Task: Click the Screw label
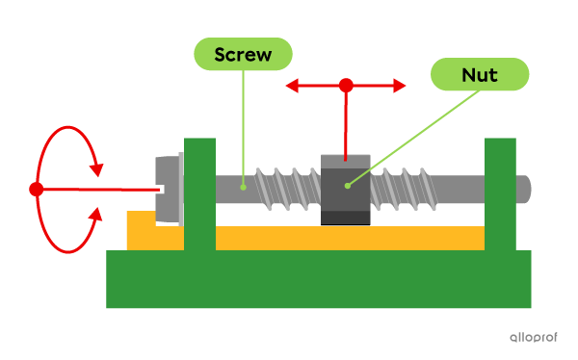pos(243,54)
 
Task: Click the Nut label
pos(480,74)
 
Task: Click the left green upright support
pos(199,193)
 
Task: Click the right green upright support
pos(500,193)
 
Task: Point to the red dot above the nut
pos(346,86)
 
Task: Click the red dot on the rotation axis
pos(37,190)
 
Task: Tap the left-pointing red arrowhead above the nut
pos(292,86)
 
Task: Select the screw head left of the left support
pos(168,190)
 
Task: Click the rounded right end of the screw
pos(524,189)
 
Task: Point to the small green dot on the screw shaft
pos(244,186)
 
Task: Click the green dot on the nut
pos(346,185)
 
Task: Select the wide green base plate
pos(318,280)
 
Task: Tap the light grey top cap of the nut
pos(345,160)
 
